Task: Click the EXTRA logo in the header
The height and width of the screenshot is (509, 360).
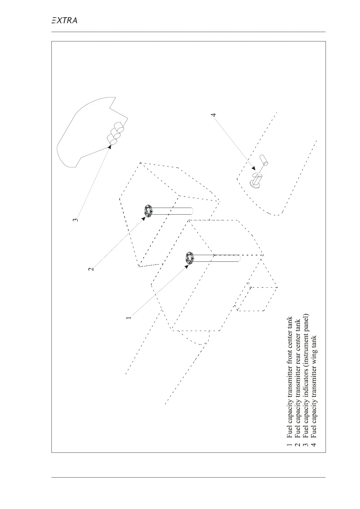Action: coord(64,21)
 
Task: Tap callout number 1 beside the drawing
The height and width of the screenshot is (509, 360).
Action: coord(129,318)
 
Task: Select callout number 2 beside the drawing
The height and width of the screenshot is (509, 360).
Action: coord(91,268)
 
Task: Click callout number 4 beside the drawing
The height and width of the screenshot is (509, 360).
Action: coord(214,115)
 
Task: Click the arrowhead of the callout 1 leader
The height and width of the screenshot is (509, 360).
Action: coord(186,266)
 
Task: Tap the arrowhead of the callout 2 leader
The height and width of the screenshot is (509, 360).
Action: coord(144,218)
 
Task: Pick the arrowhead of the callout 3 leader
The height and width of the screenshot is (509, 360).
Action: coord(110,147)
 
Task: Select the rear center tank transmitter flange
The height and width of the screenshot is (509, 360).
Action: coord(148,211)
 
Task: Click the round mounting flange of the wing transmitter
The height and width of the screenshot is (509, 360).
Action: coord(253,185)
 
